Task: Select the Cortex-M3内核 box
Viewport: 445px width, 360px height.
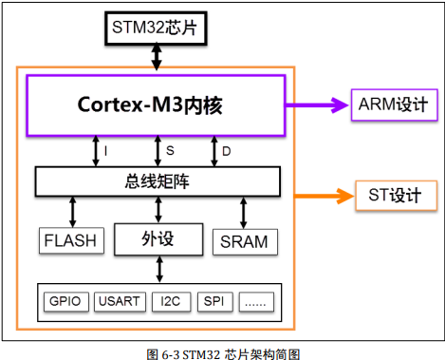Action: point(157,104)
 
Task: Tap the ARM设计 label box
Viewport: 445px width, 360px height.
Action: point(392,104)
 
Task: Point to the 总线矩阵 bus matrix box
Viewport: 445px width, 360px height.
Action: point(158,180)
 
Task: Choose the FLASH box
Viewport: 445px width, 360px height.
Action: point(70,241)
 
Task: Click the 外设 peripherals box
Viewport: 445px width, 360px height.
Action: point(158,237)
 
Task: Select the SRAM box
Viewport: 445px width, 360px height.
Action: point(243,241)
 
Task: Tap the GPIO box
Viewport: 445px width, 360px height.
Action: point(66,302)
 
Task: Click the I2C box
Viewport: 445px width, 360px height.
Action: point(170,302)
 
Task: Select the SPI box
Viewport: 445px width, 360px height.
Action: point(216,302)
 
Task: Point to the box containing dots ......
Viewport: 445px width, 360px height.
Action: point(257,302)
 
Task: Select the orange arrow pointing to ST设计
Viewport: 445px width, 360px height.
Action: point(323,197)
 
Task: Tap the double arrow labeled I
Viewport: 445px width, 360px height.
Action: point(95,150)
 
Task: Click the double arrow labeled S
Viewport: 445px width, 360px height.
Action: point(158,150)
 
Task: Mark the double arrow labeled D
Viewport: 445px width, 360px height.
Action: point(214,150)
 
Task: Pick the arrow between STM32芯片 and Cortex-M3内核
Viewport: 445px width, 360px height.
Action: point(158,57)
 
